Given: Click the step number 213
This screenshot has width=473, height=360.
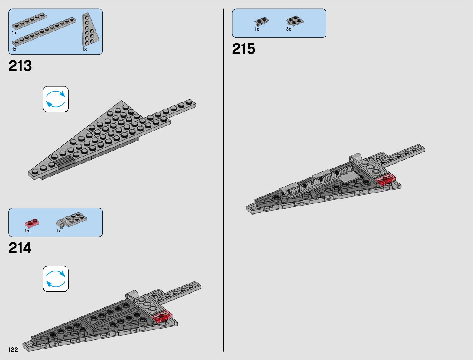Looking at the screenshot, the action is [20, 66].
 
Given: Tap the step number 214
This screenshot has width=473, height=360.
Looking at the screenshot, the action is [20, 248].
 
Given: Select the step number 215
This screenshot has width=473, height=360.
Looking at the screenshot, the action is [244, 49].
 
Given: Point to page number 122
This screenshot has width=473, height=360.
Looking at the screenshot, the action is [13, 349].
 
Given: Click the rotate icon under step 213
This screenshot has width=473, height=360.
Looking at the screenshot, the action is [56, 99].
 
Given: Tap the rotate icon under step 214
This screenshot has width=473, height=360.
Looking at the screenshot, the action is [56, 279].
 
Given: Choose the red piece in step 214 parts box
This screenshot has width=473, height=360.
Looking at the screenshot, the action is [32, 223].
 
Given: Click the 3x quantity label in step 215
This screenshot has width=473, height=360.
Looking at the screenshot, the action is [288, 29].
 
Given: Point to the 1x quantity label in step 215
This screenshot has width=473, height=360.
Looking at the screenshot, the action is [257, 29].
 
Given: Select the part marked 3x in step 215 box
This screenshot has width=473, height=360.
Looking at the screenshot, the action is [295, 21].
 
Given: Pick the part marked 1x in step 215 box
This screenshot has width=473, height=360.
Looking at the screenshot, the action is [261, 21].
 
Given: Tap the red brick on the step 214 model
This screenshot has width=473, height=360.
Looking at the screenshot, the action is [162, 316].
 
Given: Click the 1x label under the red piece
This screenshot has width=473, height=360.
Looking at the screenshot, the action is [27, 231].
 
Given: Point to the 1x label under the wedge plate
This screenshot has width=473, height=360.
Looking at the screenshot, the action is [85, 49].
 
